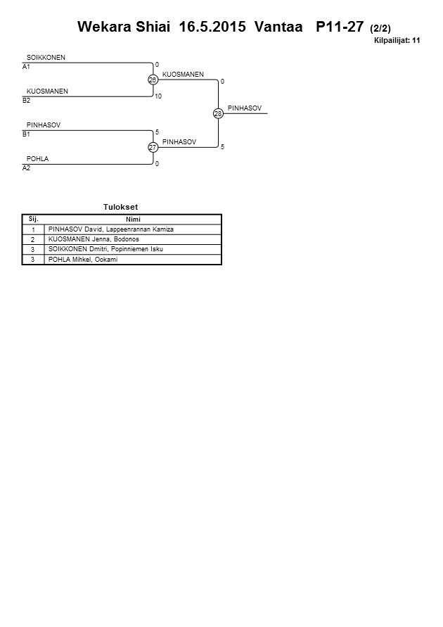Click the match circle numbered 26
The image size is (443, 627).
tap(153, 80)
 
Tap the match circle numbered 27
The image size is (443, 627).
tap(153, 148)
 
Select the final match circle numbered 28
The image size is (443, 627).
tap(218, 114)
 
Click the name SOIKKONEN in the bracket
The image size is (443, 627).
tap(46, 57)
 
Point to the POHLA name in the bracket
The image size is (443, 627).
tap(37, 159)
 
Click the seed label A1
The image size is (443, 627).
tap(26, 67)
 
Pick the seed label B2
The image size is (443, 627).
tap(26, 101)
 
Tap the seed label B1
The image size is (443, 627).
tap(26, 134)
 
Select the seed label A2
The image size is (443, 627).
tap(26, 168)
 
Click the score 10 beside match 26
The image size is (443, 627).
tap(158, 96)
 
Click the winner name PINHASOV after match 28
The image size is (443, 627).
tap(245, 108)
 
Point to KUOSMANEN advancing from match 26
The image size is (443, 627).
tap(183, 74)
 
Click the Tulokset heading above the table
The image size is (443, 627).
tap(122, 207)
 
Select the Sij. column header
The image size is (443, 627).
tap(33, 219)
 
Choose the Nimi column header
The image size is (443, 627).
tap(133, 219)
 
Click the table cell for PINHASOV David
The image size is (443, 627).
tap(110, 229)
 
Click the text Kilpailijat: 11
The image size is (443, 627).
tap(397, 41)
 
